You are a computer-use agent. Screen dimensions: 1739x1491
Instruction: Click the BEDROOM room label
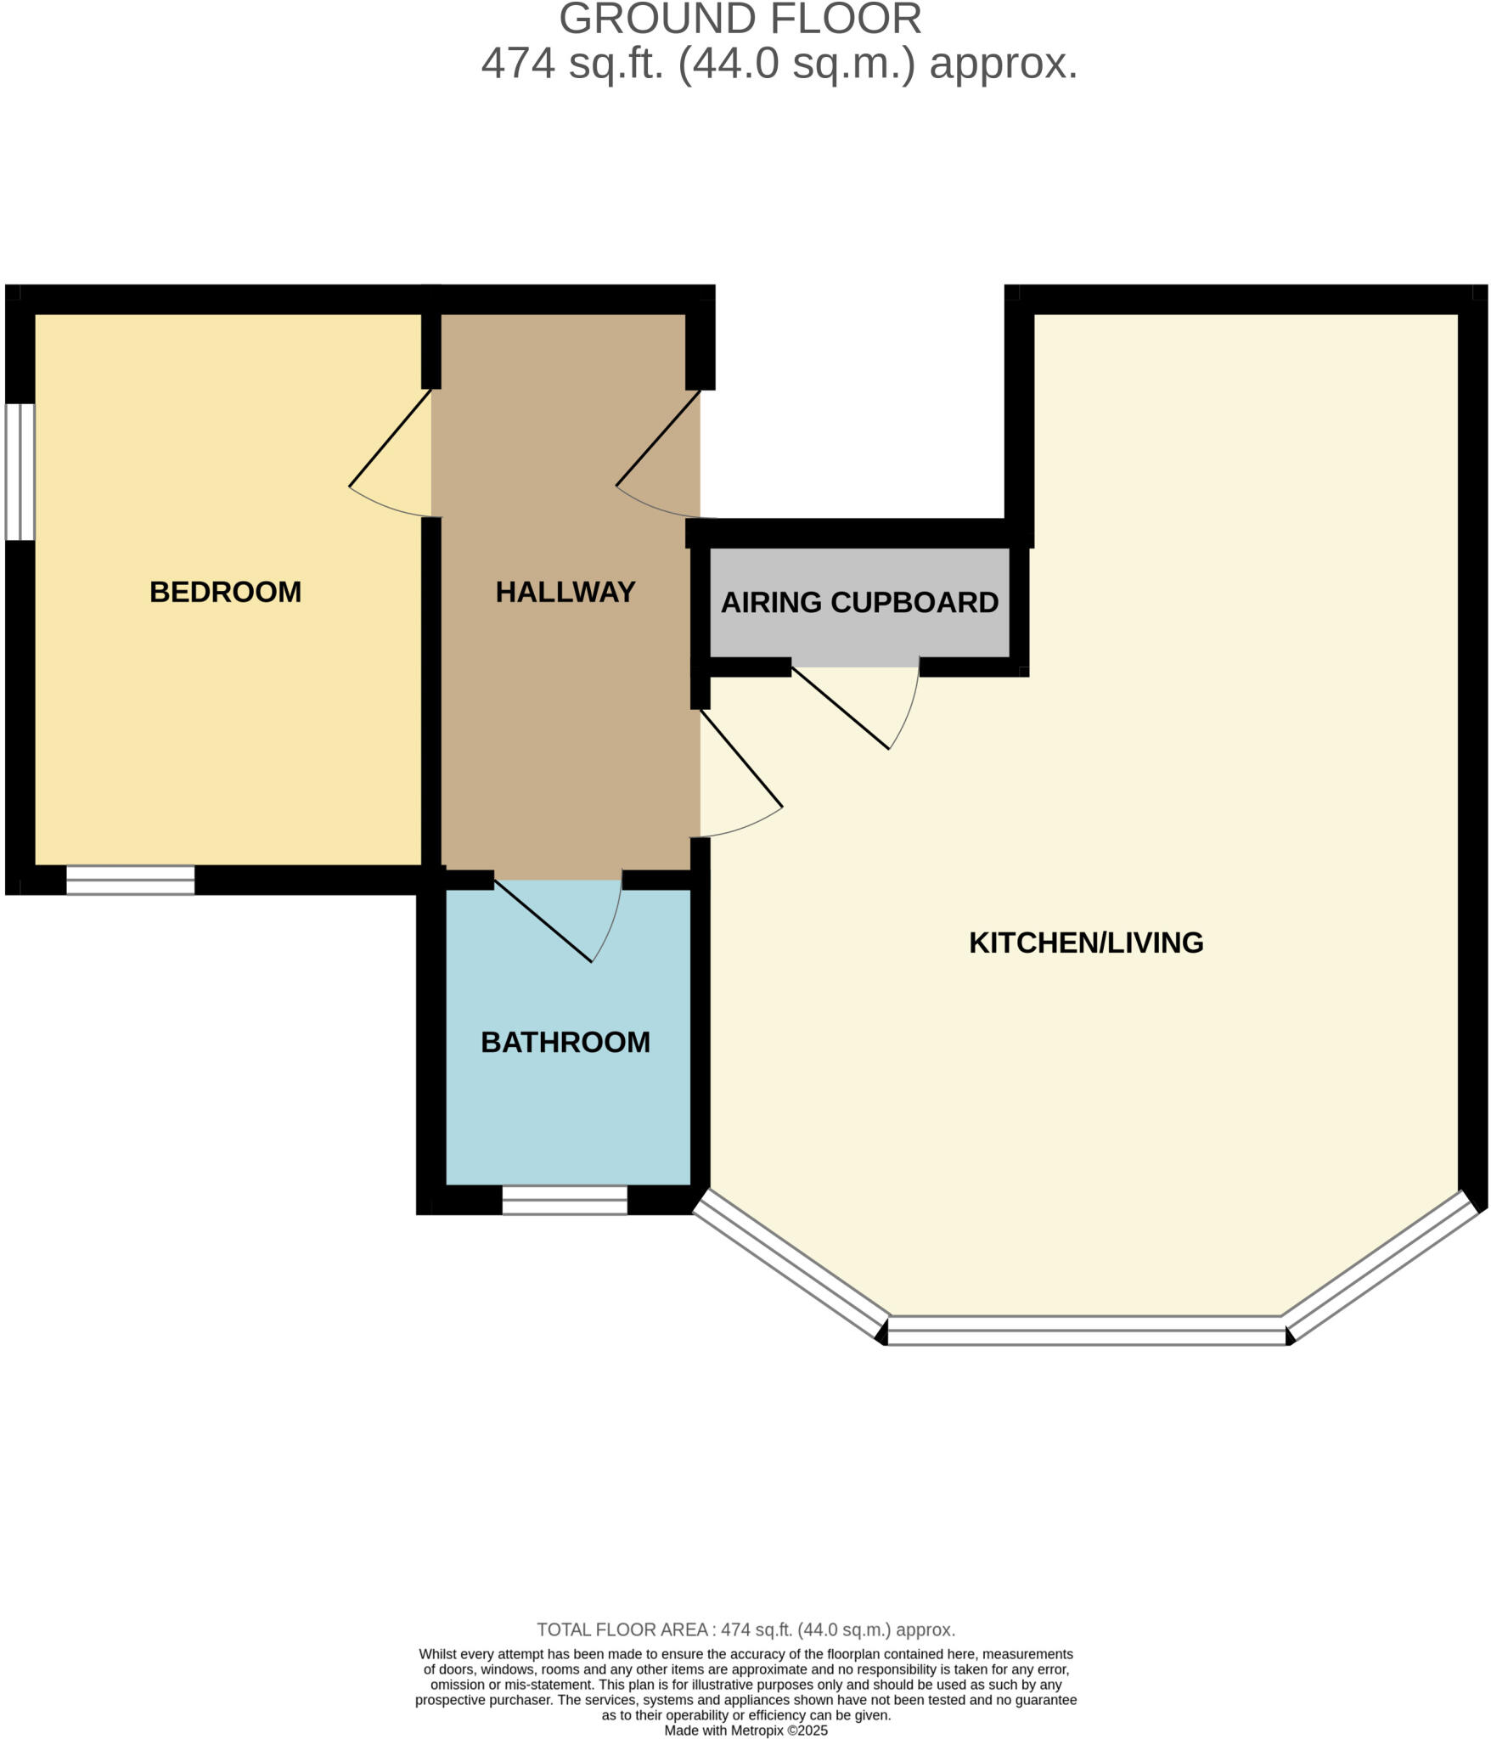click(x=225, y=592)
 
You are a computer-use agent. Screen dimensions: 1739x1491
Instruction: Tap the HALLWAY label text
click(x=565, y=592)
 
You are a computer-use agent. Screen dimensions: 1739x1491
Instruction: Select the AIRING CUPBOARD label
click(x=859, y=602)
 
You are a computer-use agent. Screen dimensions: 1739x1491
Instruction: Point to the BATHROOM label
click(x=565, y=1042)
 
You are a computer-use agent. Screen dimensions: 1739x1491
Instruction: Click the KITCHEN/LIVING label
click(x=1086, y=943)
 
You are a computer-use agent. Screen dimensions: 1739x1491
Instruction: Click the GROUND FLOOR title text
click(x=740, y=19)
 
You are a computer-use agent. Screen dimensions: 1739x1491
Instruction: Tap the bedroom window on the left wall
click(x=20, y=471)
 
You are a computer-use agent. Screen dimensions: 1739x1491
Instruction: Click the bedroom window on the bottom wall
click(x=131, y=880)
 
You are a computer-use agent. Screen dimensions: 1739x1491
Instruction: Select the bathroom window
click(x=565, y=1200)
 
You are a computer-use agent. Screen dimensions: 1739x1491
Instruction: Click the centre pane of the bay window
click(x=1087, y=1330)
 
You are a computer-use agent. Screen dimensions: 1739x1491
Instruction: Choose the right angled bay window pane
click(x=1382, y=1264)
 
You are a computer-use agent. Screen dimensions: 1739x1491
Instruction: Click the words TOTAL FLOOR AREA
click(x=622, y=1629)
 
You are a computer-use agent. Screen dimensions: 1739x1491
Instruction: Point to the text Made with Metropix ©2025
click(x=745, y=1730)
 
